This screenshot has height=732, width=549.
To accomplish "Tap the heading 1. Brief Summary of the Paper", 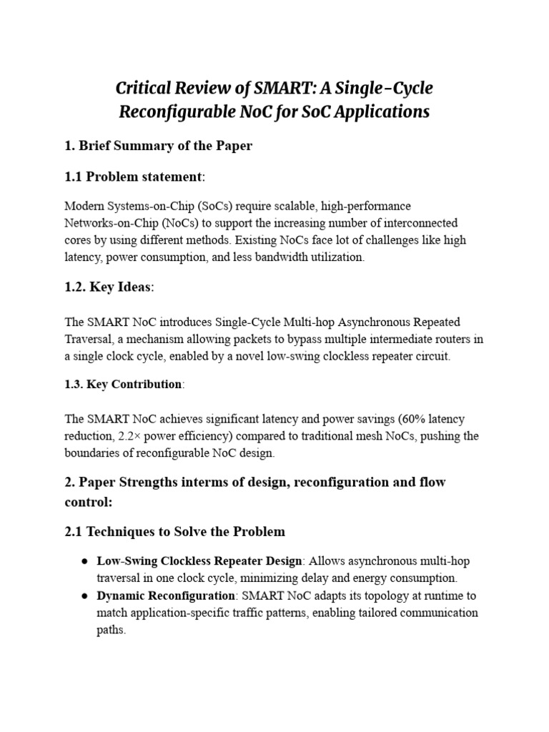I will click(x=158, y=146).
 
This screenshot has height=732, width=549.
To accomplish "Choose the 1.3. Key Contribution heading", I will click(x=124, y=385).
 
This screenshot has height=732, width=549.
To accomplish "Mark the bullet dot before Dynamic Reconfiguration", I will click(x=84, y=595).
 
